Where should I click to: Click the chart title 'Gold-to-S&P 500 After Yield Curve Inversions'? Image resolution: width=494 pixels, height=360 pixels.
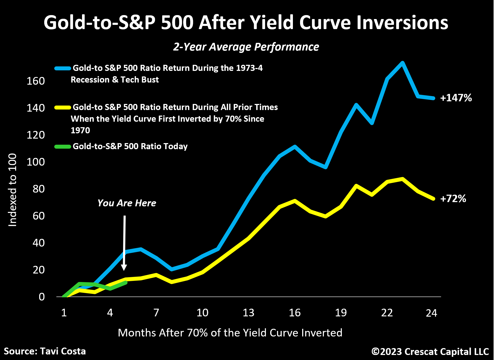[x=246, y=22]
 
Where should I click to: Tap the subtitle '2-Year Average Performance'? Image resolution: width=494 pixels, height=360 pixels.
[x=246, y=47]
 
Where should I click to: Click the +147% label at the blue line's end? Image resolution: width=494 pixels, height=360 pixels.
[x=456, y=98]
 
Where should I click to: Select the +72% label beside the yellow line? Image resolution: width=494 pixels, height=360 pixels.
[x=453, y=199]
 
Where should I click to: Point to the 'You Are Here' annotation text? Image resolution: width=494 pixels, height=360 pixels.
[x=127, y=203]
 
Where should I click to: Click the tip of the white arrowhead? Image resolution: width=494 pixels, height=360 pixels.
[x=124, y=270]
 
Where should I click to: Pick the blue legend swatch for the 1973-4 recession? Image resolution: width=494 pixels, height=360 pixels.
[x=63, y=68]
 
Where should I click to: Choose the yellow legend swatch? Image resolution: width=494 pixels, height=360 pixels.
[x=63, y=107]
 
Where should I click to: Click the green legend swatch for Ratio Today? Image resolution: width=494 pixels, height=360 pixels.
[x=63, y=147]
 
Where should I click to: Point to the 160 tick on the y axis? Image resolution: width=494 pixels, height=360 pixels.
[x=36, y=81]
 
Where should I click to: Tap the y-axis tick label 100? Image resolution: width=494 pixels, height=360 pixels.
[x=36, y=162]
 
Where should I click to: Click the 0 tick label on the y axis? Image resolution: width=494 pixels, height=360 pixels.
[x=42, y=297]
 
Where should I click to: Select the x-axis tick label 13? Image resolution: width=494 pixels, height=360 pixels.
[x=248, y=313]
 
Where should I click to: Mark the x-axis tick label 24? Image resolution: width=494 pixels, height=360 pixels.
[x=431, y=313]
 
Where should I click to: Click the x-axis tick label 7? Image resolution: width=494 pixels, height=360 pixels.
[x=156, y=313]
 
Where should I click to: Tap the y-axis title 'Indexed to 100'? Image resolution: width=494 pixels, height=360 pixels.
[x=12, y=190]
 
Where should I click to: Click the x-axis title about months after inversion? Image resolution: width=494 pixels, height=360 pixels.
[x=230, y=333]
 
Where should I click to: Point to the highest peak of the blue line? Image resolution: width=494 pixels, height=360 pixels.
[x=402, y=63]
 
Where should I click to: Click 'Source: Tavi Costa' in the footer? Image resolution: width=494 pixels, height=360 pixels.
[x=45, y=351]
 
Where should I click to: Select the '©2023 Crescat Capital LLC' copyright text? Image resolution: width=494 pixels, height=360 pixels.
[x=430, y=352]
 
